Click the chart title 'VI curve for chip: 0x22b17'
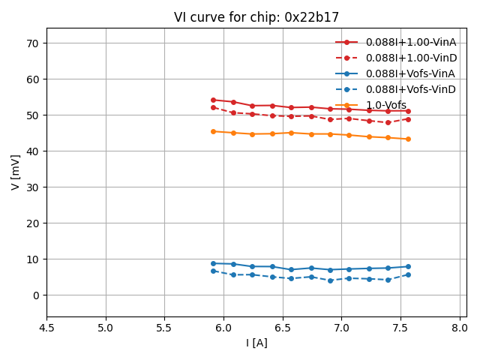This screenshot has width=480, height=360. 256,17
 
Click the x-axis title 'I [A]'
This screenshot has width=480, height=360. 256,343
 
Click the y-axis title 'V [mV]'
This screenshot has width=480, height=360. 16,172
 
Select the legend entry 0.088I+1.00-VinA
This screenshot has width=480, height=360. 411,42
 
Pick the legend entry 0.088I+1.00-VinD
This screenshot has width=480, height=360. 411,58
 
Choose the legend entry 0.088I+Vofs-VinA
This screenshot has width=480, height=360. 410,73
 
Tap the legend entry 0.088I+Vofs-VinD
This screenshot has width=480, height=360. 410,89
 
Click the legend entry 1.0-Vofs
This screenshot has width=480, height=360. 386,105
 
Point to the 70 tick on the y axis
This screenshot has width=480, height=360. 33,43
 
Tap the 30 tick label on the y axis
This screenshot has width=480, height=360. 33,187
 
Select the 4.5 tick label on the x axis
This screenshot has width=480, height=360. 46,328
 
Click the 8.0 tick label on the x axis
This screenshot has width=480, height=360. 460,328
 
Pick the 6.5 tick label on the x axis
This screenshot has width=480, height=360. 283,328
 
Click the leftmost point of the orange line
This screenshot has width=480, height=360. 213,131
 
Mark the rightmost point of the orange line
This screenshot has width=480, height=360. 408,139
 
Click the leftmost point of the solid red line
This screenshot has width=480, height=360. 213,100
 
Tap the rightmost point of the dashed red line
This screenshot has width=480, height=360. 408,119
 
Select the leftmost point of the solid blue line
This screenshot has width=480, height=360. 213,263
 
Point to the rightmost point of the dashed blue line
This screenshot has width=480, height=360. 408,274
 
